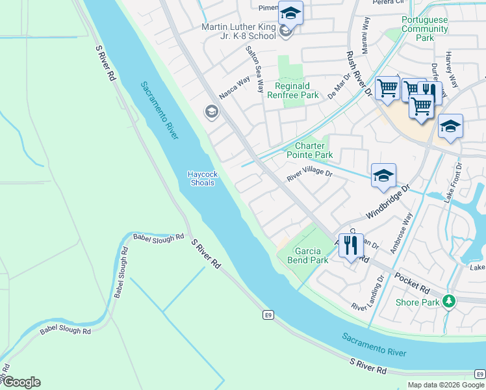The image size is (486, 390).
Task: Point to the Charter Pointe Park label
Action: (x=310, y=150)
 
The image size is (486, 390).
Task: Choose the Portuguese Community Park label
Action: (x=425, y=29)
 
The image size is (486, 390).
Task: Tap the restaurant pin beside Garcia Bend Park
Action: (x=351, y=246)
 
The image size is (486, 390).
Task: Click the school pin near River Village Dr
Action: (x=383, y=175)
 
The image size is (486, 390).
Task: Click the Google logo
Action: (x=21, y=382)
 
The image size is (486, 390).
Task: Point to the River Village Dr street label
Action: (x=310, y=175)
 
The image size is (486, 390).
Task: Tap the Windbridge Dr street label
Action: (x=389, y=202)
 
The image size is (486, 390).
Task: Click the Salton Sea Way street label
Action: (x=254, y=68)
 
